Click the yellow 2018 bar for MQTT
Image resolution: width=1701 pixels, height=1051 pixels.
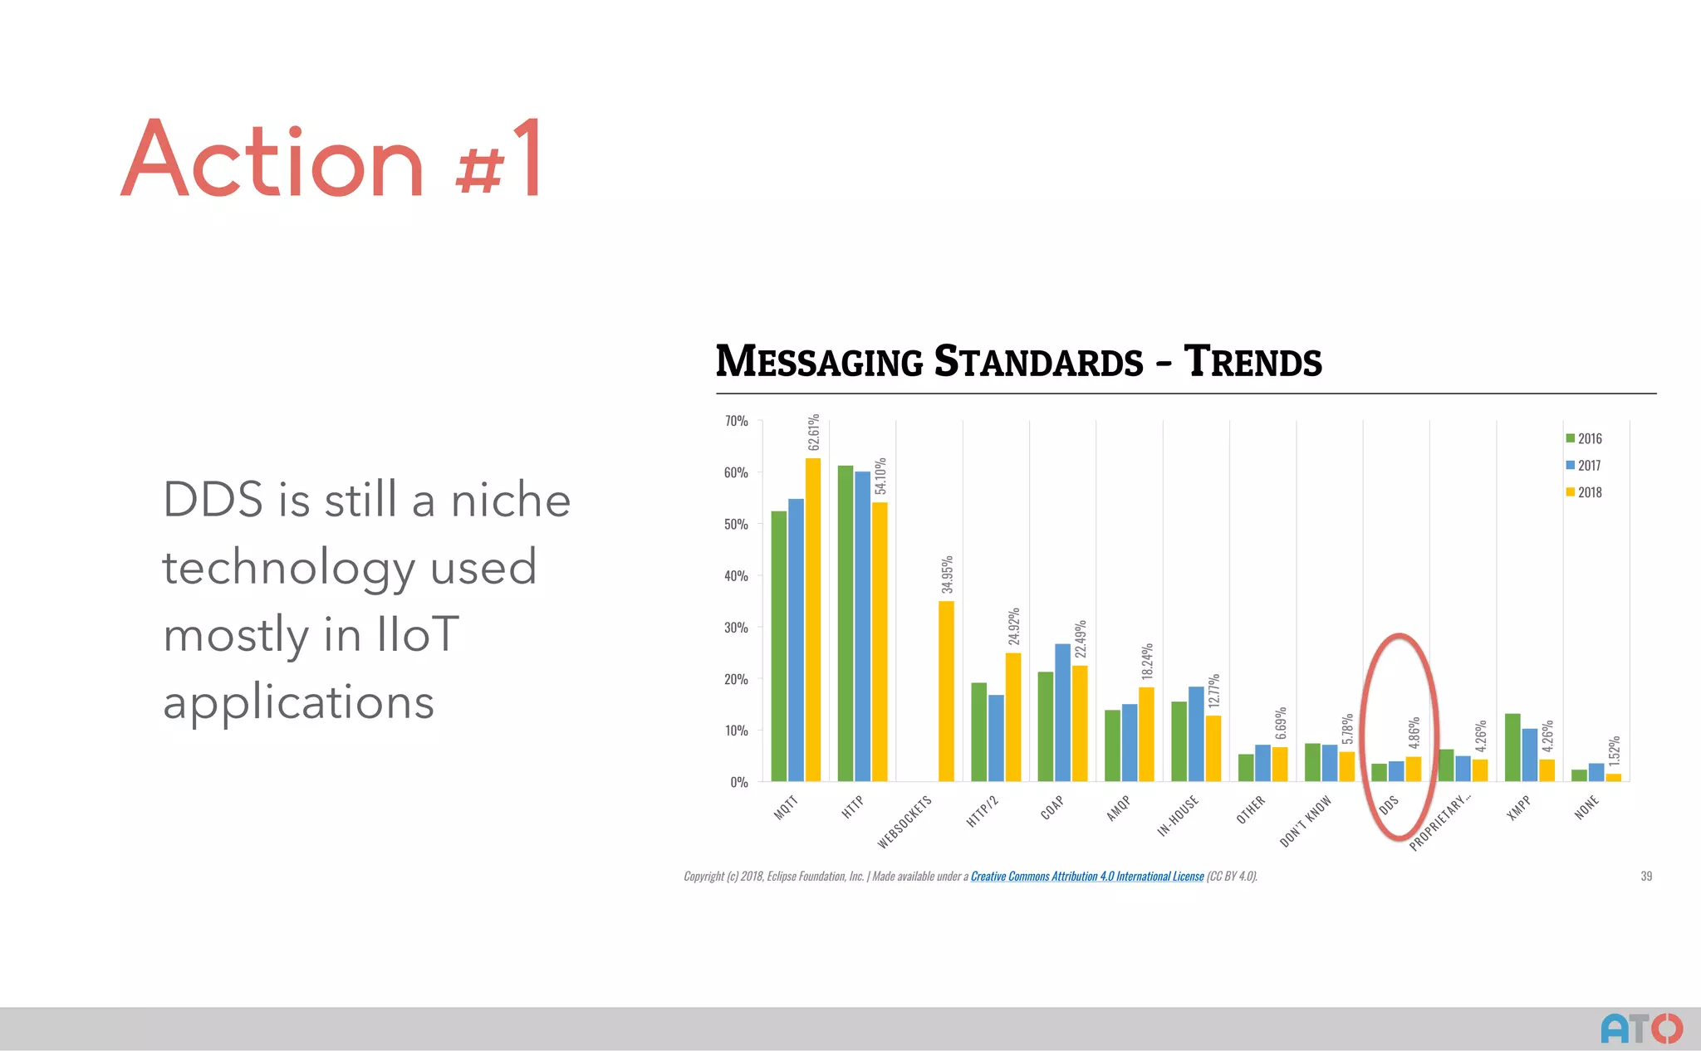pos(813,619)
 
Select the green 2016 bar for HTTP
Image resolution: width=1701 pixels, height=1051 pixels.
pos(846,623)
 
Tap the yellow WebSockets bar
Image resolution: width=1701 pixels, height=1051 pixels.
pos(946,691)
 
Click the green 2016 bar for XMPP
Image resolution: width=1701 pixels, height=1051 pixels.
pos(1512,747)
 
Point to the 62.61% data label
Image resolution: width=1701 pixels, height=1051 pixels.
pos(814,432)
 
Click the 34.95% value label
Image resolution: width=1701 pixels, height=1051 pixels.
pos(947,574)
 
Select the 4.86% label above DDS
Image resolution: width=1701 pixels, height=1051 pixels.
pos(1414,732)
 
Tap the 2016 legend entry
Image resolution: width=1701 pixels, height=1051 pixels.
pos(1584,438)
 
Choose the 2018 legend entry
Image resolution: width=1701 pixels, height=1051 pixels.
pos(1584,492)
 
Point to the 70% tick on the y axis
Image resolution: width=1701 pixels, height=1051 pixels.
pos(736,421)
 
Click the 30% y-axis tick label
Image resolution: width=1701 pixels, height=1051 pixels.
pos(736,628)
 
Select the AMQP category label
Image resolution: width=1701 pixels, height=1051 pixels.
pos(1118,808)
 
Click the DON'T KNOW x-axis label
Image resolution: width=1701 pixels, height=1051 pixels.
pos(1305,821)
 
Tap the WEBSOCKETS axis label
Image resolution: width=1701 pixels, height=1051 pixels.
pos(904,822)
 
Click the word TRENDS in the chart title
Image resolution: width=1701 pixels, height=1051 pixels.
pos(1252,362)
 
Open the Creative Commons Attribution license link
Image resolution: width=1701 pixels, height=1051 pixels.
pos(1086,876)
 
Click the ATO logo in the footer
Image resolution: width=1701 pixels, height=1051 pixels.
pos(1641,1028)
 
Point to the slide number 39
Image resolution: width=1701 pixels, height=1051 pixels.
pos(1646,876)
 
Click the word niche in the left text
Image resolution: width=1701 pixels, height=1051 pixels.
pos(511,500)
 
